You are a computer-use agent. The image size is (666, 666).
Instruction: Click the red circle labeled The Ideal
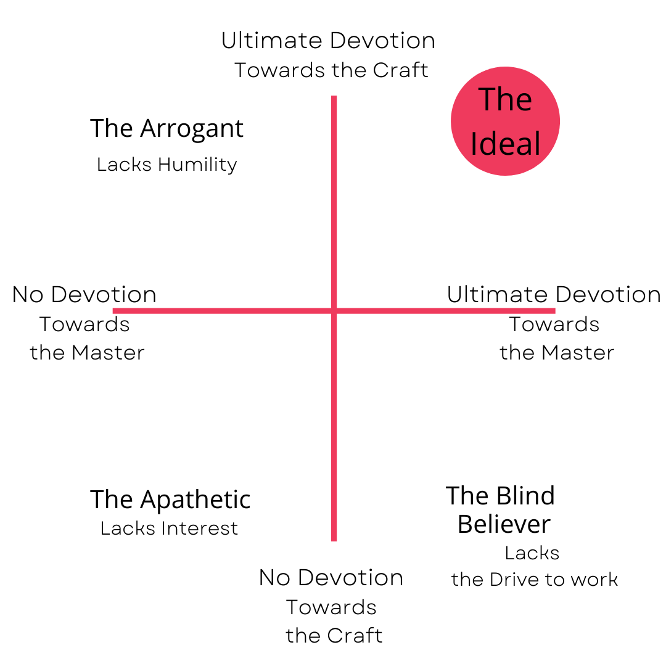[x=505, y=121]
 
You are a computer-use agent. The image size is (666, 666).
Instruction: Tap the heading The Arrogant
[x=166, y=128]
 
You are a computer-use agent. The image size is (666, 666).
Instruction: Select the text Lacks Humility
[x=166, y=165]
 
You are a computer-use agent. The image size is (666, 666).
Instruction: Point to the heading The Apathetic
[x=170, y=499]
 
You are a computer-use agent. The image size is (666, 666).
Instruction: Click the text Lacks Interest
[x=169, y=528]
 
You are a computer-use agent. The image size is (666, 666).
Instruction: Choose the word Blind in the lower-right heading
[x=526, y=496]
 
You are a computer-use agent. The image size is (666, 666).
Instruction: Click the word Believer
[x=504, y=524]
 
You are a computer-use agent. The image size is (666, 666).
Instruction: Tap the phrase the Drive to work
[x=534, y=580]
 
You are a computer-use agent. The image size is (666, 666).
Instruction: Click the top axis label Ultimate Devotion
[x=328, y=41]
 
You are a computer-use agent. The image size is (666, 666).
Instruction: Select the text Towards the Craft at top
[x=331, y=70]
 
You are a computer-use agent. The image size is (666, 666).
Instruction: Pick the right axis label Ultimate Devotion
[x=554, y=295]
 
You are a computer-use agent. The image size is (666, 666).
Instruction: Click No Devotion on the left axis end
[x=84, y=295]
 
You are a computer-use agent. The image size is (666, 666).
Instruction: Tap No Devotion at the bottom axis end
[x=331, y=578]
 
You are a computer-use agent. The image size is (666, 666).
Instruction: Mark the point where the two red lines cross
[x=334, y=311]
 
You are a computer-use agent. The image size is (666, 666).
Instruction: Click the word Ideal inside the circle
[x=505, y=143]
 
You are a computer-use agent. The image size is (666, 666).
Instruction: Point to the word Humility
[x=197, y=165]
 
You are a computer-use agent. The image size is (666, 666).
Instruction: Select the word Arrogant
[x=192, y=128]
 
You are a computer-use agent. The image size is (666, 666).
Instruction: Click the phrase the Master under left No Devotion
[x=87, y=353]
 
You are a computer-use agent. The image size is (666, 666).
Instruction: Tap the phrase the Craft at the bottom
[x=334, y=636]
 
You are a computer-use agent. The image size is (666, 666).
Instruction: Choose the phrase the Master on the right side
[x=557, y=353]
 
